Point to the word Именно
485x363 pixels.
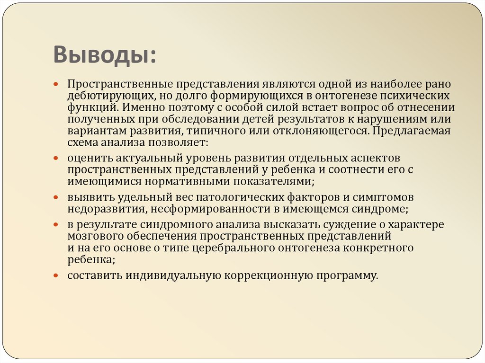pos(136,107)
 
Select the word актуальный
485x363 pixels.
pos(150,158)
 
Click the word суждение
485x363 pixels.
pos(357,224)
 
